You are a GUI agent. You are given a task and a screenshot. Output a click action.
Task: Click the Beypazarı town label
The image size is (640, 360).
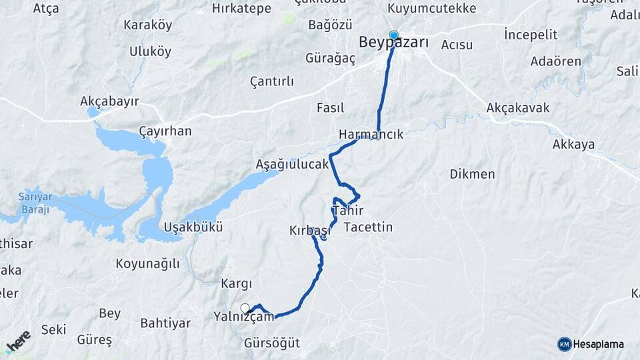(x=393, y=43)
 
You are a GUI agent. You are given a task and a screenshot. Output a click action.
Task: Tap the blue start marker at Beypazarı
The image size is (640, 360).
(x=394, y=35)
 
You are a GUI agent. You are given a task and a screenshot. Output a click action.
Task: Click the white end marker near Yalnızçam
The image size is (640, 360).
(x=245, y=308)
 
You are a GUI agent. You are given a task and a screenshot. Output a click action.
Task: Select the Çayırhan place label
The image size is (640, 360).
(x=165, y=131)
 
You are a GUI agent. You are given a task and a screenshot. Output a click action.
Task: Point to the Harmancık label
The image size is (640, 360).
(x=371, y=134)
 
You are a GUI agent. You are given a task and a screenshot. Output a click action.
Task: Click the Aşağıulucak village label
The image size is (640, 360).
(x=292, y=164)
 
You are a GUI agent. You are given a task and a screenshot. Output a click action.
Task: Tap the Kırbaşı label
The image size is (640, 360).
(x=309, y=230)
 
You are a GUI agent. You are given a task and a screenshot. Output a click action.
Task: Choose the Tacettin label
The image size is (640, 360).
(x=368, y=227)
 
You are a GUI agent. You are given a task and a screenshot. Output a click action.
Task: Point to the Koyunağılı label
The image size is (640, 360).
(x=147, y=263)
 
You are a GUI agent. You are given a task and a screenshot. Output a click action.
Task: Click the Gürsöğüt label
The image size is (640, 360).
(x=272, y=343)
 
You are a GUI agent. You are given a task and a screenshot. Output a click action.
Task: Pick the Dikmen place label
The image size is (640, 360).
(x=472, y=174)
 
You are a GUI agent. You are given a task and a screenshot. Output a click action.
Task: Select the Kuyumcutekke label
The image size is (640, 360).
(x=432, y=9)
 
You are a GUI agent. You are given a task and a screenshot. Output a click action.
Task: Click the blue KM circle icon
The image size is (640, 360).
(x=564, y=344)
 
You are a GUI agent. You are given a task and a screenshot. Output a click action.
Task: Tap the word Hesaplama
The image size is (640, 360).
(x=598, y=345)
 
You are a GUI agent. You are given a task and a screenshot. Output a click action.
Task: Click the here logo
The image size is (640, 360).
(x=19, y=342)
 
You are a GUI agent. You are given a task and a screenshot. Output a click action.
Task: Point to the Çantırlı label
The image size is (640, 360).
(x=271, y=81)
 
